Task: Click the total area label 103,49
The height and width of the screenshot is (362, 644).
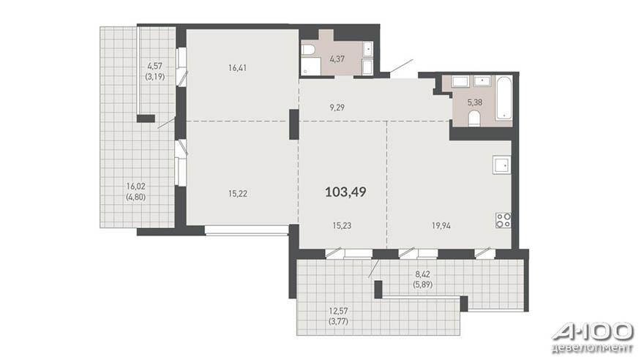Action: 345,192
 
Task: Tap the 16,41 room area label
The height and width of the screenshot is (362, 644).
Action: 237,68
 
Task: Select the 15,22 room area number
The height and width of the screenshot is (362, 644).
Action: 237,193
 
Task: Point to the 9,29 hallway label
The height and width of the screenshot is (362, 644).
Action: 337,108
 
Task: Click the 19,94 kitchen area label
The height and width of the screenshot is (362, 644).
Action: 441,225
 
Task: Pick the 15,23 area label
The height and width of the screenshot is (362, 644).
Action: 342,225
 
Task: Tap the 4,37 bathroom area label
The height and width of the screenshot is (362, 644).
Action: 337,59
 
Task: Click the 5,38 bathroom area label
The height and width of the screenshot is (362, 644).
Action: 475,102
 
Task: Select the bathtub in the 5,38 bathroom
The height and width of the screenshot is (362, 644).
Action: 503,98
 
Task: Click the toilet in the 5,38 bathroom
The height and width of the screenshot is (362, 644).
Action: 474,118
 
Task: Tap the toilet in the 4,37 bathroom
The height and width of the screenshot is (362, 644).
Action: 307,50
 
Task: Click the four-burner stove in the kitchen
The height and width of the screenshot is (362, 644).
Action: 503,220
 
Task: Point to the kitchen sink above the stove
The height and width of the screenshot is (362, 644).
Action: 502,165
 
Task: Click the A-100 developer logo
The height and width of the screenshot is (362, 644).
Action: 593,337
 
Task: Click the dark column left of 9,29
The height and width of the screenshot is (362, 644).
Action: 294,124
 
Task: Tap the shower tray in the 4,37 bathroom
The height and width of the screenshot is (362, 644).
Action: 311,67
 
